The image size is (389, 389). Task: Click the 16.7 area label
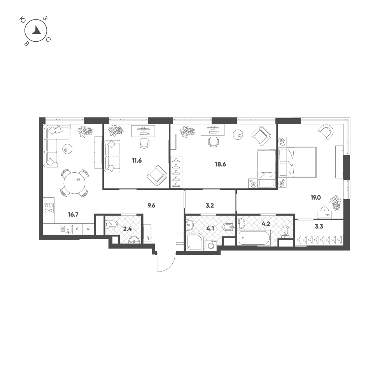point(73,214)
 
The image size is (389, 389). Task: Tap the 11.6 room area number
point(137,161)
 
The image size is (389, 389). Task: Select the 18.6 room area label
point(220,164)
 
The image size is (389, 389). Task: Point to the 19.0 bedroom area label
point(316,198)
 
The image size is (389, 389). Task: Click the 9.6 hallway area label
point(151,205)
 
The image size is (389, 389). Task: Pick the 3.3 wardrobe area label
point(319,226)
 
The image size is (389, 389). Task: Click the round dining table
point(74,183)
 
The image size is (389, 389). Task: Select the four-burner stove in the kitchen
point(49,208)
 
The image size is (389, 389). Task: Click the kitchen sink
point(67,229)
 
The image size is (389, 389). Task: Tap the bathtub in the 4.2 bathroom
point(254,238)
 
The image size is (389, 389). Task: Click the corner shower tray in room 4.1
point(195,242)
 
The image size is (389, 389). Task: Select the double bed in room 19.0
point(297,162)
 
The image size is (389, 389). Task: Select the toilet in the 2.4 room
point(112,225)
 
